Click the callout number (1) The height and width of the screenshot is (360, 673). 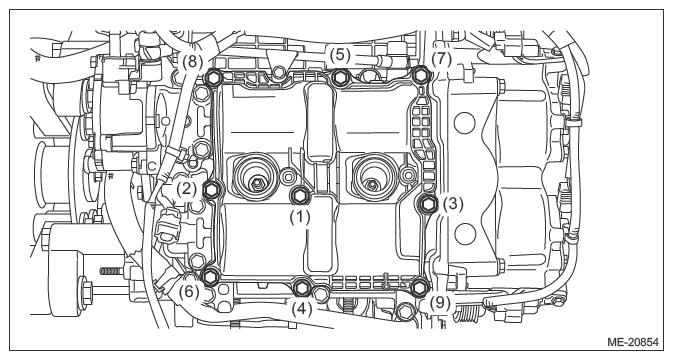tap(299, 217)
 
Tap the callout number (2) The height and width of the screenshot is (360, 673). tap(186, 189)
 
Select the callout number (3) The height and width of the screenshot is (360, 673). tap(453, 204)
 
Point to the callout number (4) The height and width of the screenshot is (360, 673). tap(302, 309)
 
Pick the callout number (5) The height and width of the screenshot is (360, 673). tap(340, 54)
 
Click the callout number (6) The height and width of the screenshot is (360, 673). tap(189, 293)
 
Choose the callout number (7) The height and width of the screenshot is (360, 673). tap(442, 59)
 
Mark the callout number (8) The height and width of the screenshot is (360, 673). tap(192, 61)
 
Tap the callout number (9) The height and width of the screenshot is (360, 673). tap(440, 303)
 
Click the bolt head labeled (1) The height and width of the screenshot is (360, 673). tap(298, 196)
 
